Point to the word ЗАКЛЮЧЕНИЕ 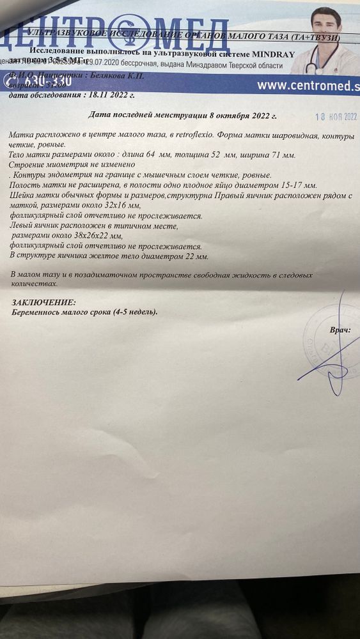point(43,302)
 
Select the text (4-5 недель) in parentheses point(134,312)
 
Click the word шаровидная point(293,137)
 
